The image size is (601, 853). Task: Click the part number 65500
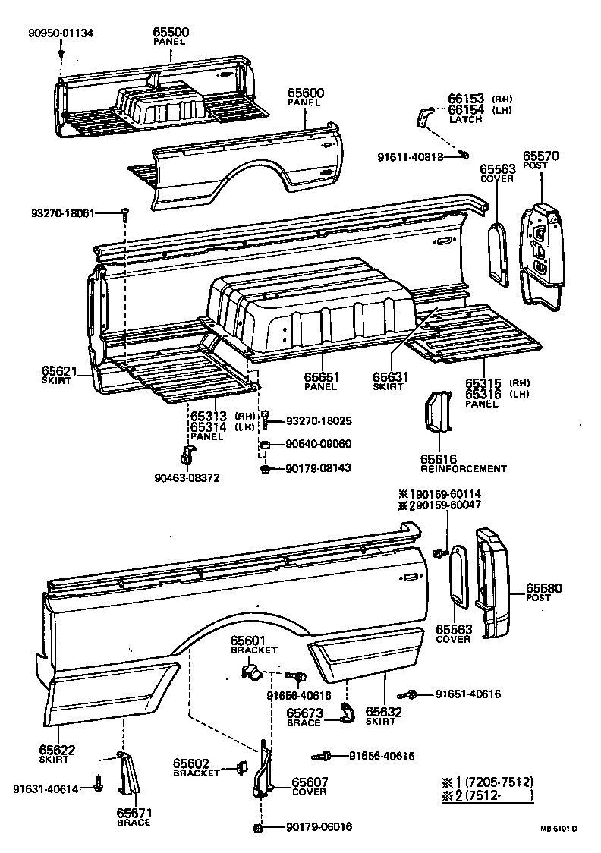pos(171,33)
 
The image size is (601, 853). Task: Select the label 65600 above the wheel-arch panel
pos(306,93)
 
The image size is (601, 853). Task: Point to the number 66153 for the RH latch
pos(465,99)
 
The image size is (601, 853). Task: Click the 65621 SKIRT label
pos(58,374)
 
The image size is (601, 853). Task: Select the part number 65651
pos(322,377)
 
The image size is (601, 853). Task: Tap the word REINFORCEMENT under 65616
pos(464,468)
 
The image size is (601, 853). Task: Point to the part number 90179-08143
pos(318,468)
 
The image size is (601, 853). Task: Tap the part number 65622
pos(58,751)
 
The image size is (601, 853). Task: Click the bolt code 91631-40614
pos(46,788)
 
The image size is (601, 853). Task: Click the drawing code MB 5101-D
pos(559,829)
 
